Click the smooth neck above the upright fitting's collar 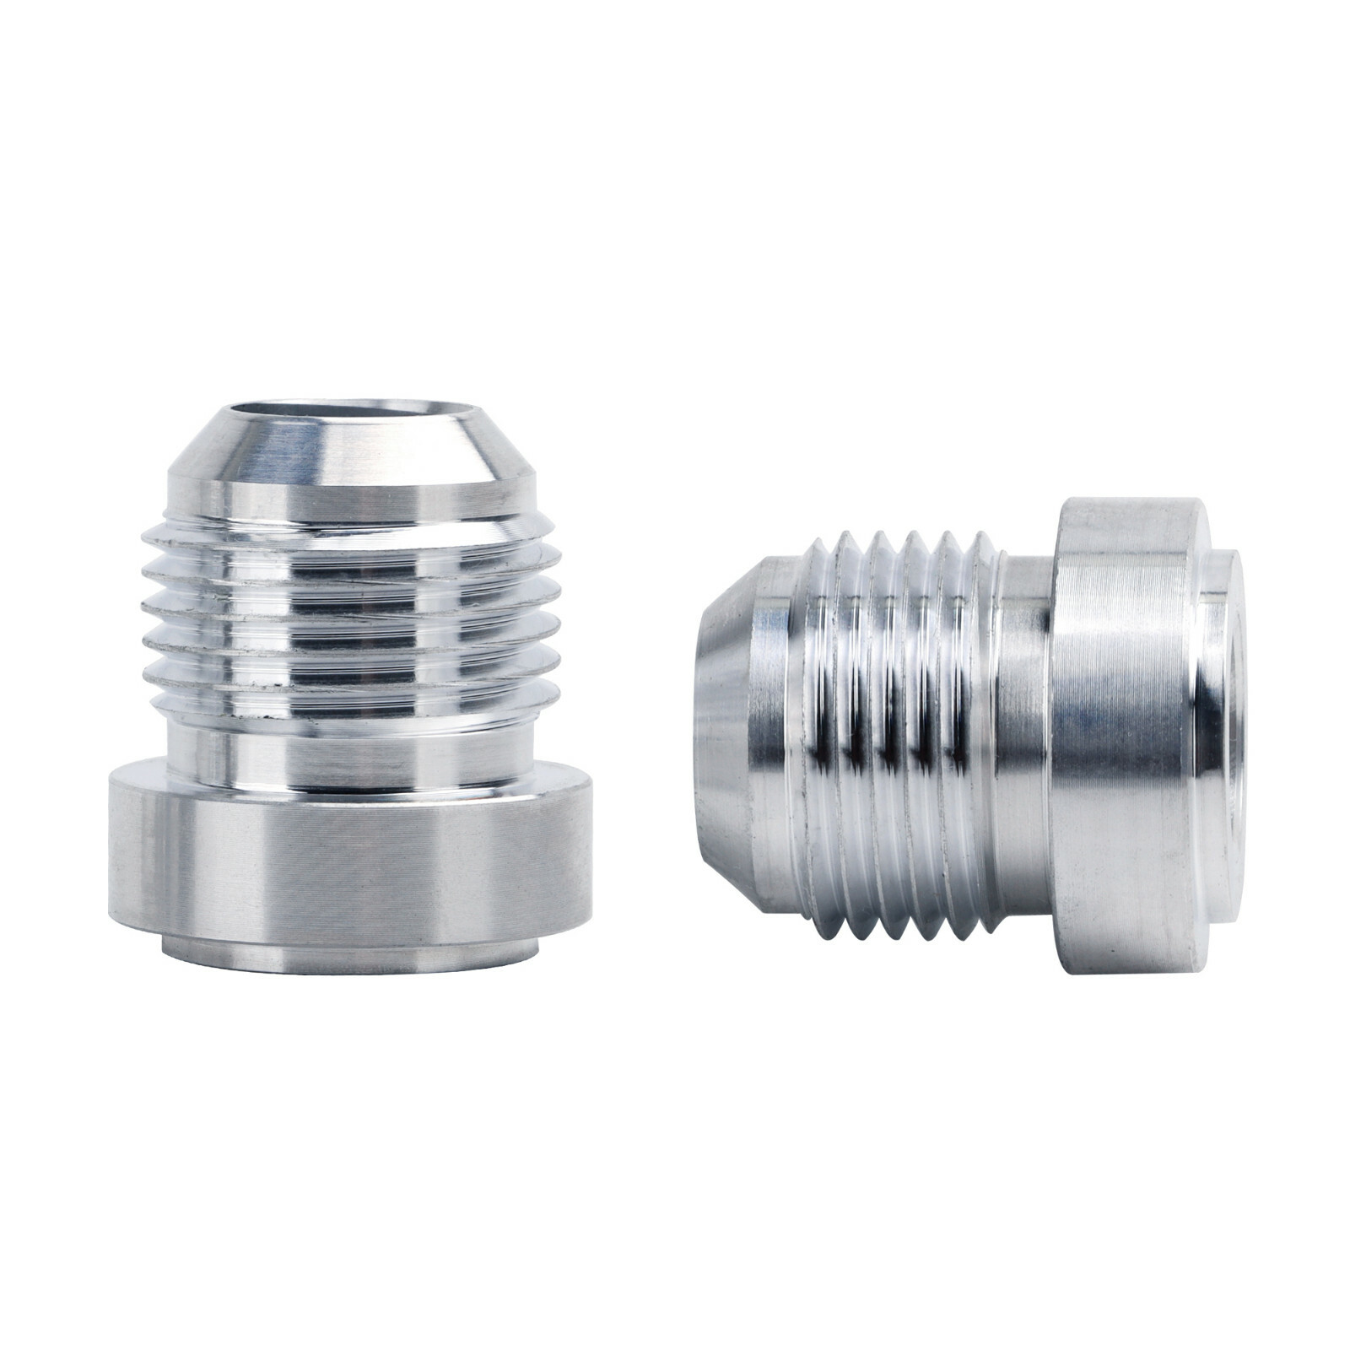[x=351, y=751]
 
